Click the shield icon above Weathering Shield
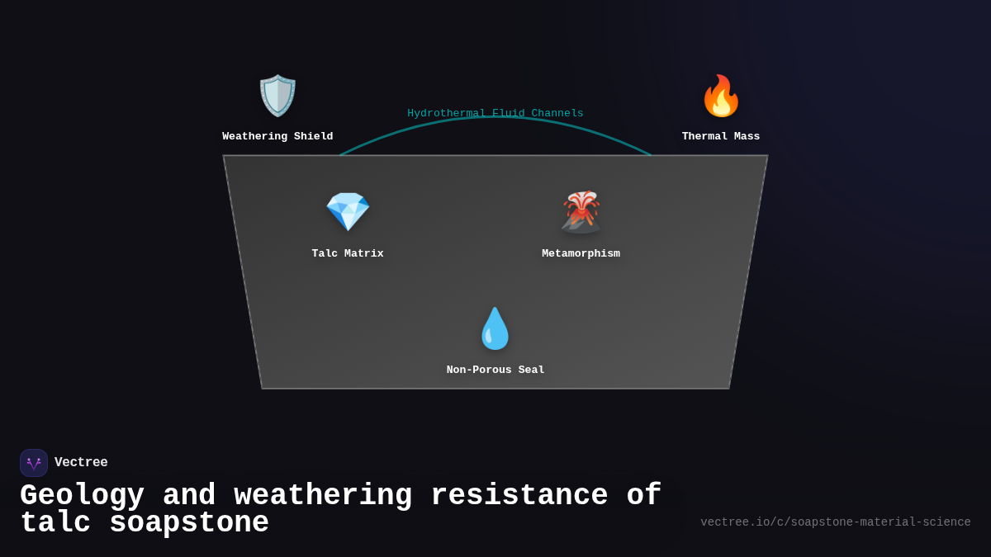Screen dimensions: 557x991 pyautogui.click(x=277, y=96)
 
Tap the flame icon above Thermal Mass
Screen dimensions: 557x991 pyautogui.click(x=721, y=96)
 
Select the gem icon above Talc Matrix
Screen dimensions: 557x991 pyautogui.click(x=348, y=212)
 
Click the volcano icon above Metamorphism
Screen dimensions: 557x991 pyautogui.click(x=581, y=212)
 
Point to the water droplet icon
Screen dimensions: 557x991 pyautogui.click(x=495, y=328)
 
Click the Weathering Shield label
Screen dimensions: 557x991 pyautogui.click(x=277, y=136)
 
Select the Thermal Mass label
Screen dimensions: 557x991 pyautogui.click(x=721, y=136)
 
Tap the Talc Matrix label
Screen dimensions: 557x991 pyautogui.click(x=348, y=253)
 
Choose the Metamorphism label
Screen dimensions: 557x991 pyautogui.click(x=581, y=253)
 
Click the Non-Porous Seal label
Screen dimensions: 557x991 pyautogui.click(x=495, y=370)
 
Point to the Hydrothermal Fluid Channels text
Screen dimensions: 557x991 pyautogui.click(x=495, y=113)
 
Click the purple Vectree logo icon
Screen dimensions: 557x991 pyautogui.click(x=34, y=463)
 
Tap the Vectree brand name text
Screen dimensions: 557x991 pyautogui.click(x=81, y=463)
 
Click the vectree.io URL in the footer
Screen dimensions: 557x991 pyautogui.click(x=836, y=522)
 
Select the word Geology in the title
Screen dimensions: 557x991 pyautogui.click(x=82, y=496)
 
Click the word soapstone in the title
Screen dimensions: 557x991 pyautogui.click(x=189, y=523)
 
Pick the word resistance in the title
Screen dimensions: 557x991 pyautogui.click(x=519, y=496)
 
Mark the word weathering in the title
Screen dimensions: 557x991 pyautogui.click(x=323, y=496)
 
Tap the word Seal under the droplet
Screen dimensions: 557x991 pyautogui.click(x=531, y=370)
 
